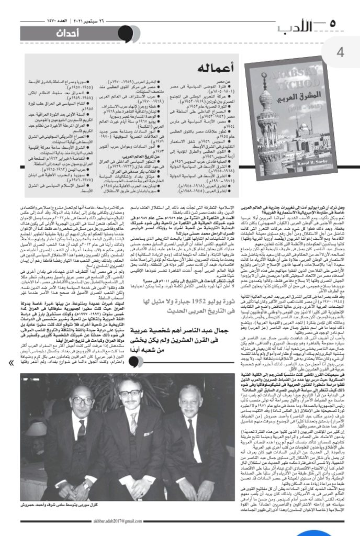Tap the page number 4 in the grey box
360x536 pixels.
point(341,52)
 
